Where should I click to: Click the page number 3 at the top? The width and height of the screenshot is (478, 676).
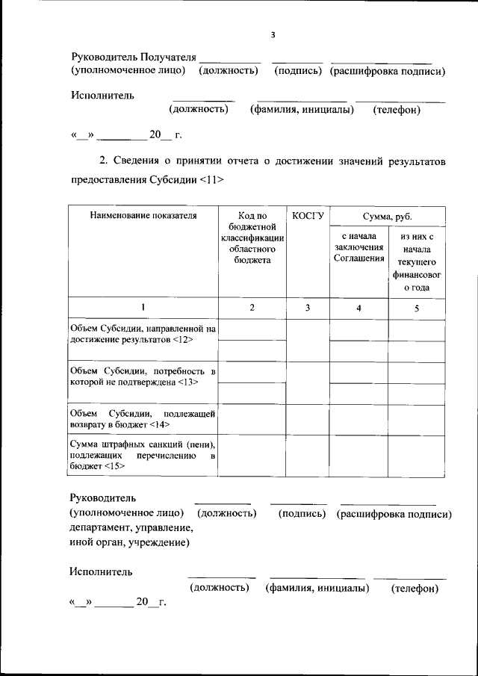coord(273,34)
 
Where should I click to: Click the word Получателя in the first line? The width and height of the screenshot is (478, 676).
coord(169,57)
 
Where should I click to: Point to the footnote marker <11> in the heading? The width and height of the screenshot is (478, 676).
coord(211,180)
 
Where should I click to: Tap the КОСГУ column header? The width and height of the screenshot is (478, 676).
coord(308,216)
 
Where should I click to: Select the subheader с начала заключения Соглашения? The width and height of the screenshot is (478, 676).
coord(358,247)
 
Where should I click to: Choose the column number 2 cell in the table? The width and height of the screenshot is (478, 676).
coord(252,308)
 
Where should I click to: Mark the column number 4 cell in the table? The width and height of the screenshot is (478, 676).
coord(358,308)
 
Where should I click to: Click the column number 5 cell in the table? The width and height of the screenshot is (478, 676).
coord(417,308)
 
